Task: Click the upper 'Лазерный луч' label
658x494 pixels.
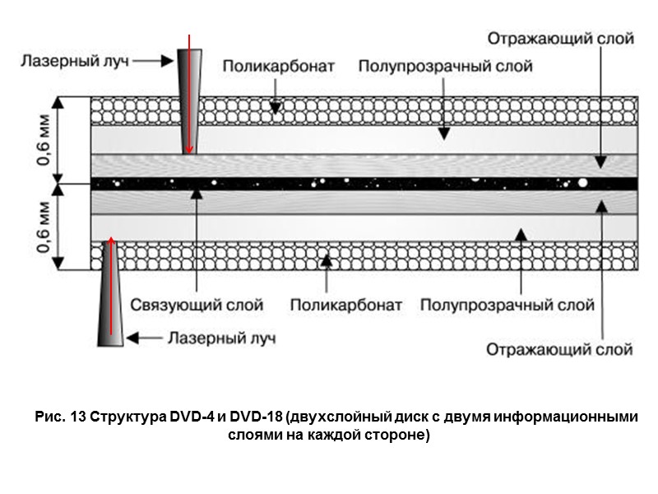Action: (x=75, y=60)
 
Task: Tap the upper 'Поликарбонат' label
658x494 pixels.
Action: (x=277, y=64)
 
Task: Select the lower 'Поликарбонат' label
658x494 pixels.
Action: (x=345, y=305)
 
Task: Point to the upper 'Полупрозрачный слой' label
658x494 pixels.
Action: (x=445, y=64)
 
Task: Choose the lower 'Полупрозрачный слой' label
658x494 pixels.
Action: (x=507, y=305)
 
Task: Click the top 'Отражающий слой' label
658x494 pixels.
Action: (x=560, y=38)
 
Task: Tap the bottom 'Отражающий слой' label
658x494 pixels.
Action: (x=559, y=349)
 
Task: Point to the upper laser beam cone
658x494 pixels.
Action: (x=190, y=99)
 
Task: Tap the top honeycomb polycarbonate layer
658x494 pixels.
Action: (x=411, y=110)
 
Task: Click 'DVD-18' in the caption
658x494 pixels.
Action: (x=251, y=417)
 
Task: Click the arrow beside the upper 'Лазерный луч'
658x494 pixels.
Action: (x=153, y=60)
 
